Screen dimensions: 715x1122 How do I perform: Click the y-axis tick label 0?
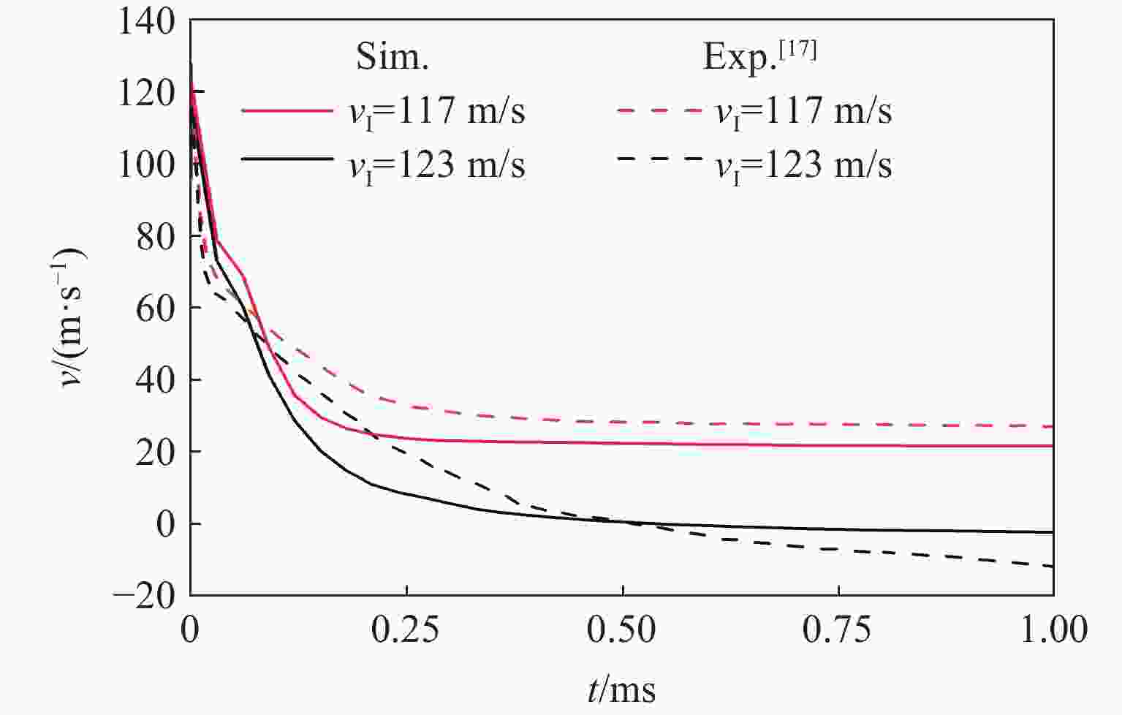[168, 524]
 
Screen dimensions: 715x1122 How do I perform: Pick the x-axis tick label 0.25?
[406, 631]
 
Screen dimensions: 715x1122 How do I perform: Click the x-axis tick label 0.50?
[622, 631]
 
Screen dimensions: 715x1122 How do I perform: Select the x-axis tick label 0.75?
[838, 631]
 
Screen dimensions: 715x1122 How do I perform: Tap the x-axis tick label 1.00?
[1053, 631]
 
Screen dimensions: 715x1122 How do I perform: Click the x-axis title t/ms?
[621, 689]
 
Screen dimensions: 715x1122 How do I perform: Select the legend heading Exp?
[759, 56]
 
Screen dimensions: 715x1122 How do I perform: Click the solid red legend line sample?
[287, 112]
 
